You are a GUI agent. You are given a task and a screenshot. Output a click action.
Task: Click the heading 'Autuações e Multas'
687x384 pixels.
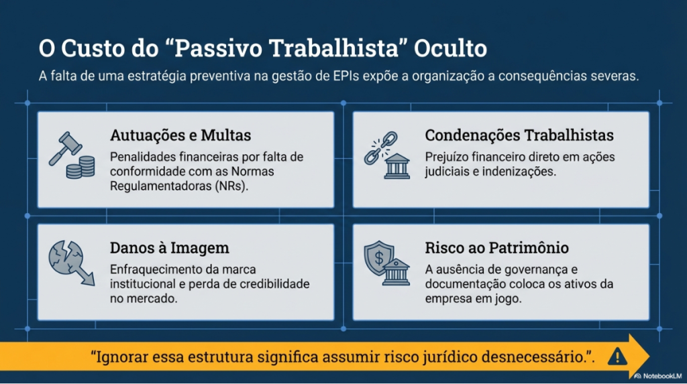click(x=180, y=135)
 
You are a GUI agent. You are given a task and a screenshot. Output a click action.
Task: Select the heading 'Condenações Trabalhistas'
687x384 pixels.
click(x=519, y=135)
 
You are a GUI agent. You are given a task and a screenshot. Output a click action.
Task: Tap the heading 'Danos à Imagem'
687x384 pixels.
click(x=169, y=248)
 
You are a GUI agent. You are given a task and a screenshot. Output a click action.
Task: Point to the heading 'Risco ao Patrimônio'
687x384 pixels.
click(x=497, y=248)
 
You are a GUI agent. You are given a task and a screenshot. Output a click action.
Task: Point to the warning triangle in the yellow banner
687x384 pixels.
click(x=616, y=357)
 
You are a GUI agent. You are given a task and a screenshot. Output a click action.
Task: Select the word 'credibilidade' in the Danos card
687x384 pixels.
click(x=275, y=284)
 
